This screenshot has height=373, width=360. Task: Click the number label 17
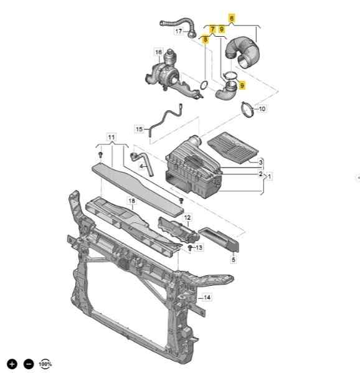(x=179, y=31)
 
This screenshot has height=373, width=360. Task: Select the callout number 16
(x=158, y=52)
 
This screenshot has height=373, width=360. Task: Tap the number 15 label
(x=139, y=129)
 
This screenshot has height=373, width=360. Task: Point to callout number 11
(x=111, y=137)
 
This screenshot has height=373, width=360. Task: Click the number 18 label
(x=131, y=201)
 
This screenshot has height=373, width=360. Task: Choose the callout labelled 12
(x=187, y=217)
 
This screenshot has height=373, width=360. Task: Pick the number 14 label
(x=207, y=298)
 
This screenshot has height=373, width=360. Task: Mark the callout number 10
(x=262, y=109)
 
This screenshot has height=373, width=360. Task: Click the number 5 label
(x=234, y=260)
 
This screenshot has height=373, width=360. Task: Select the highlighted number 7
(x=212, y=29)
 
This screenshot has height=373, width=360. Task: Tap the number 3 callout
(x=261, y=163)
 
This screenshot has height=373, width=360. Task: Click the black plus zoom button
(x=12, y=364)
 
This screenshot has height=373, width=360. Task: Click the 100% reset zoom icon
(x=45, y=364)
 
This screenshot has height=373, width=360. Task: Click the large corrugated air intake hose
(x=243, y=52)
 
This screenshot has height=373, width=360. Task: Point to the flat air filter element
(x=233, y=148)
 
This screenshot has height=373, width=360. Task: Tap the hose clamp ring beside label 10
(x=247, y=110)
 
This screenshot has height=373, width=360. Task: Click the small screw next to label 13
(x=190, y=248)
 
